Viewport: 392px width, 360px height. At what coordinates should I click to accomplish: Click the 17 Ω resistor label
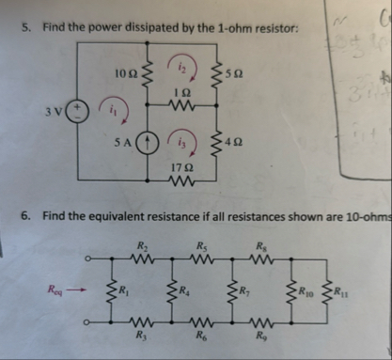click(185, 166)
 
